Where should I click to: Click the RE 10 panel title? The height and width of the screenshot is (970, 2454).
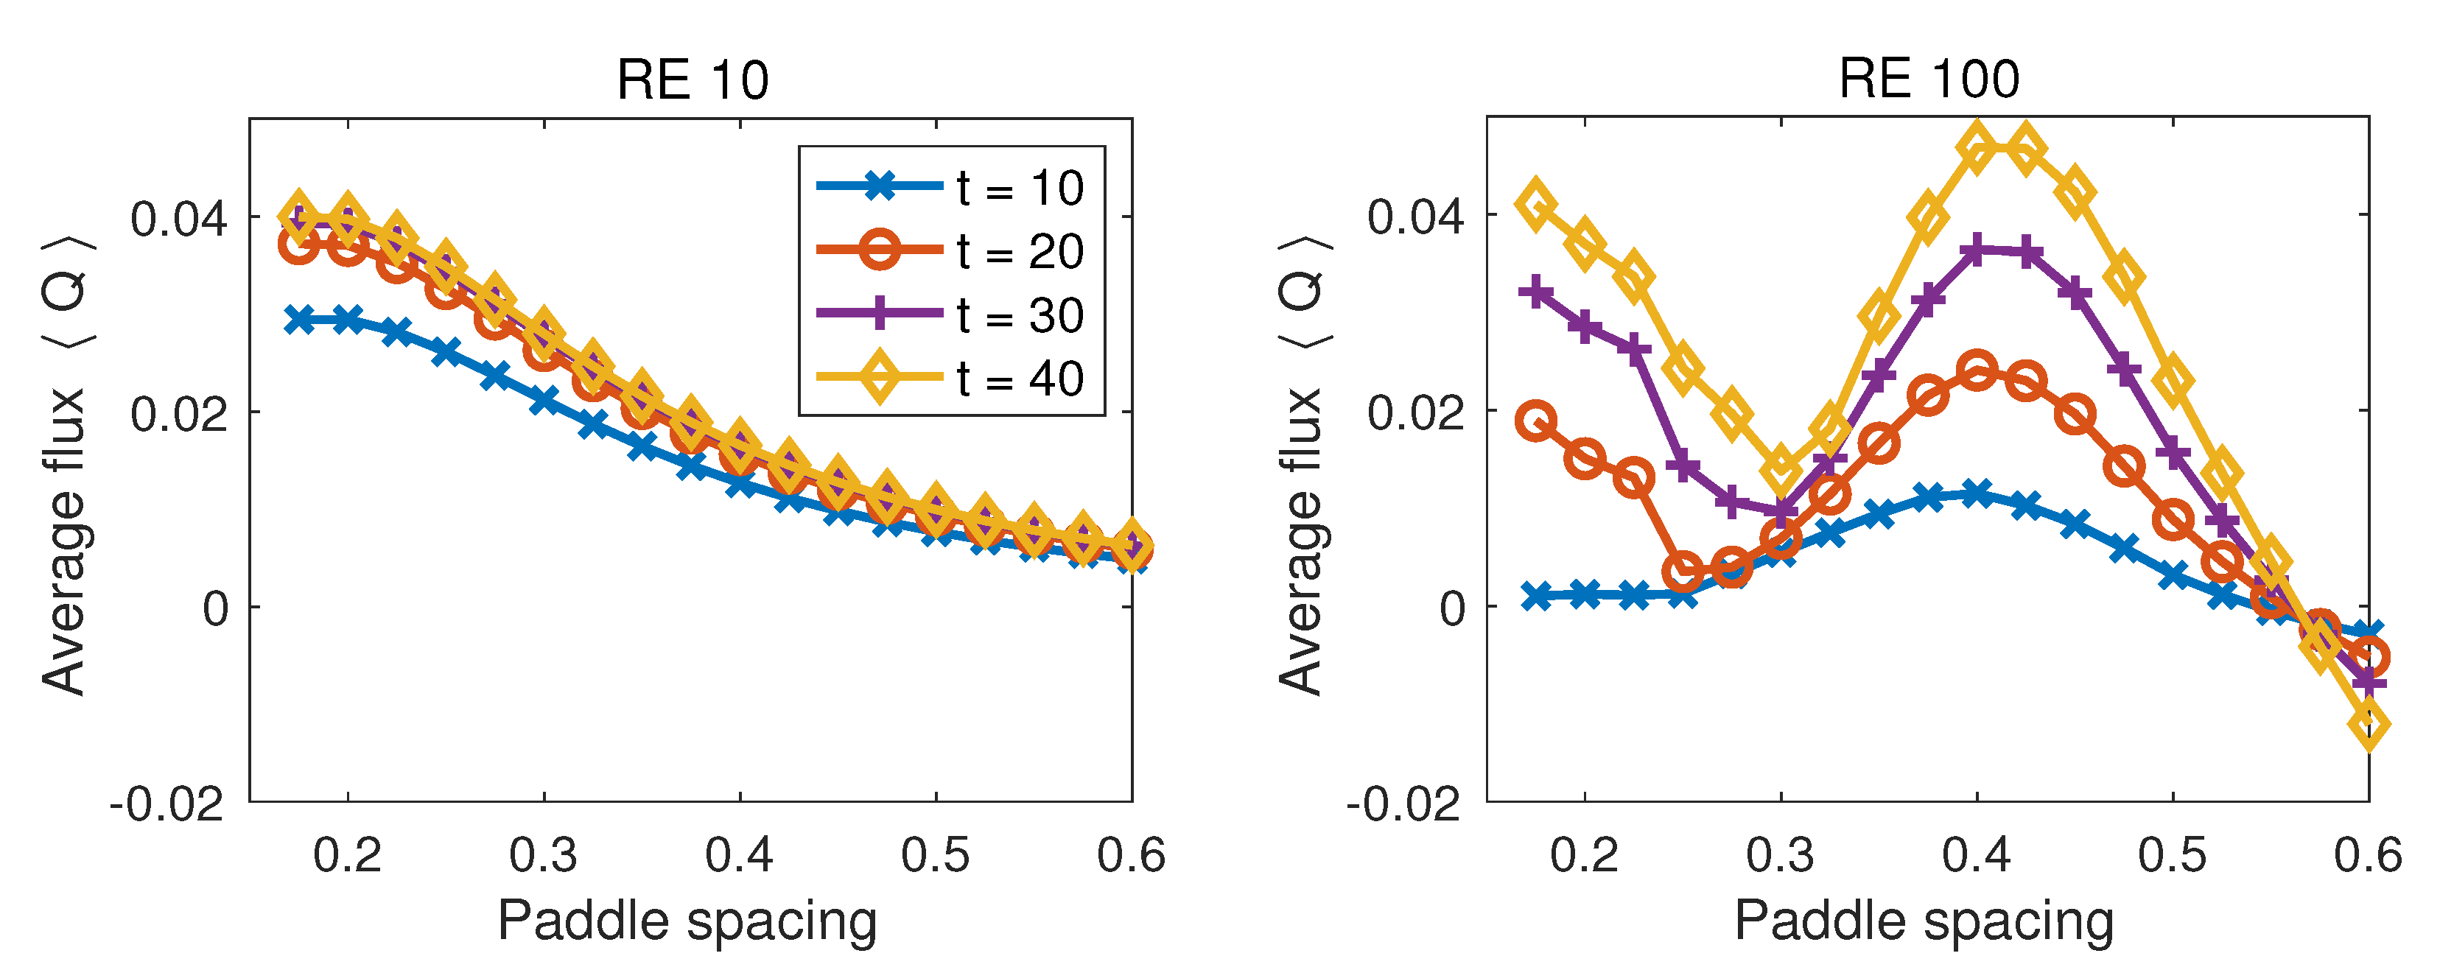pyautogui.click(x=693, y=80)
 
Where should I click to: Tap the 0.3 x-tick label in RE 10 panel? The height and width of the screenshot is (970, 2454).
pyautogui.click(x=543, y=854)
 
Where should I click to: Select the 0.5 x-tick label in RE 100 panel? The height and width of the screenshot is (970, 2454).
pyautogui.click(x=2173, y=854)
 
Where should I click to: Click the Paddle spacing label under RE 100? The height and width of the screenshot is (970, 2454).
pyautogui.click(x=1924, y=921)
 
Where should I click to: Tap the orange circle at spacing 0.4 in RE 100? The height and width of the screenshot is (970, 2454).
pyautogui.click(x=1977, y=370)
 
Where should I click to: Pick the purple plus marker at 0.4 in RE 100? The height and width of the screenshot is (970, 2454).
pyautogui.click(x=1977, y=252)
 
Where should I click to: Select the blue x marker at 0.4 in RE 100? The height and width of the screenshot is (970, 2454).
pyautogui.click(x=1977, y=493)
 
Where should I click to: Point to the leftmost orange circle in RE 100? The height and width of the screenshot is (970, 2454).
pyautogui.click(x=1535, y=421)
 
